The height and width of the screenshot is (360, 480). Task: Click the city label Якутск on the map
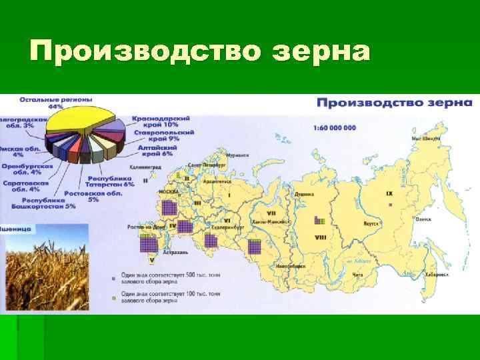point(371,223)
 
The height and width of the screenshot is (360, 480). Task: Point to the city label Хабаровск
point(437,273)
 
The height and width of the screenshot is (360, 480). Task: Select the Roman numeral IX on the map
point(389,194)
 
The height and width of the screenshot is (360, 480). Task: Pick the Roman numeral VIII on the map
point(320,237)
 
